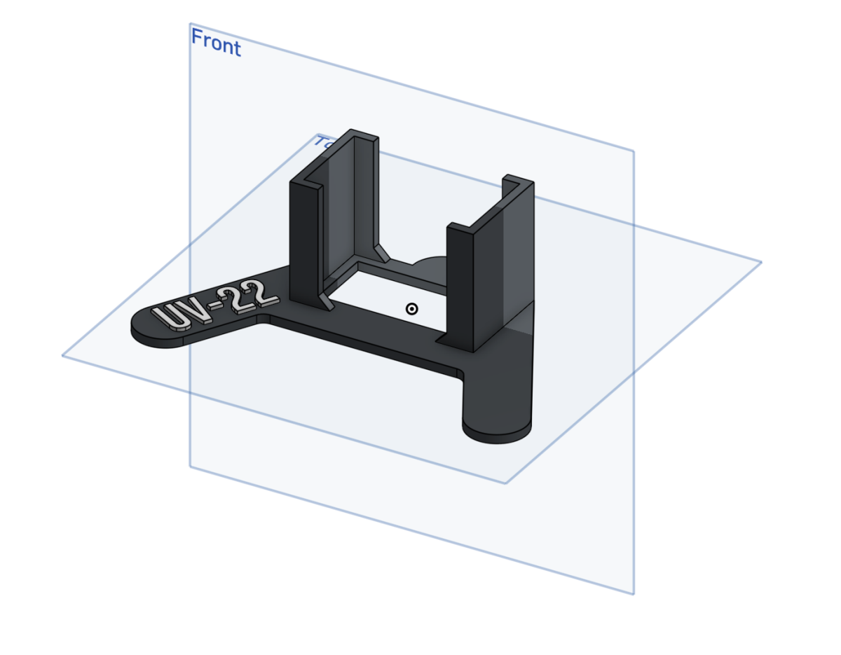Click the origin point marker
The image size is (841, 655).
tap(412, 308)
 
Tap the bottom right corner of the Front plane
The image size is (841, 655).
tap(634, 594)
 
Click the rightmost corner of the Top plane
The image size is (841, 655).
tap(761, 262)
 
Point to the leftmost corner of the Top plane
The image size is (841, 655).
tap(63, 356)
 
